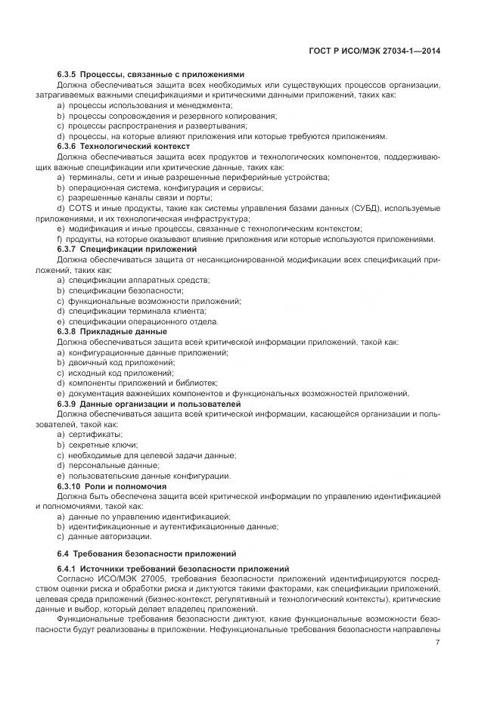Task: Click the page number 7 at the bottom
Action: click(438, 643)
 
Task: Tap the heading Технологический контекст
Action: click(135, 146)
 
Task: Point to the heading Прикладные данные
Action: click(123, 331)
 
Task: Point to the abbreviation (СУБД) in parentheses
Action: click(368, 207)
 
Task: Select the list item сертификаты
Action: click(94, 435)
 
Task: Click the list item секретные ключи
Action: click(101, 445)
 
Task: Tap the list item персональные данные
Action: click(107, 466)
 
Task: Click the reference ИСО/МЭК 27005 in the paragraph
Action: click(124, 578)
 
